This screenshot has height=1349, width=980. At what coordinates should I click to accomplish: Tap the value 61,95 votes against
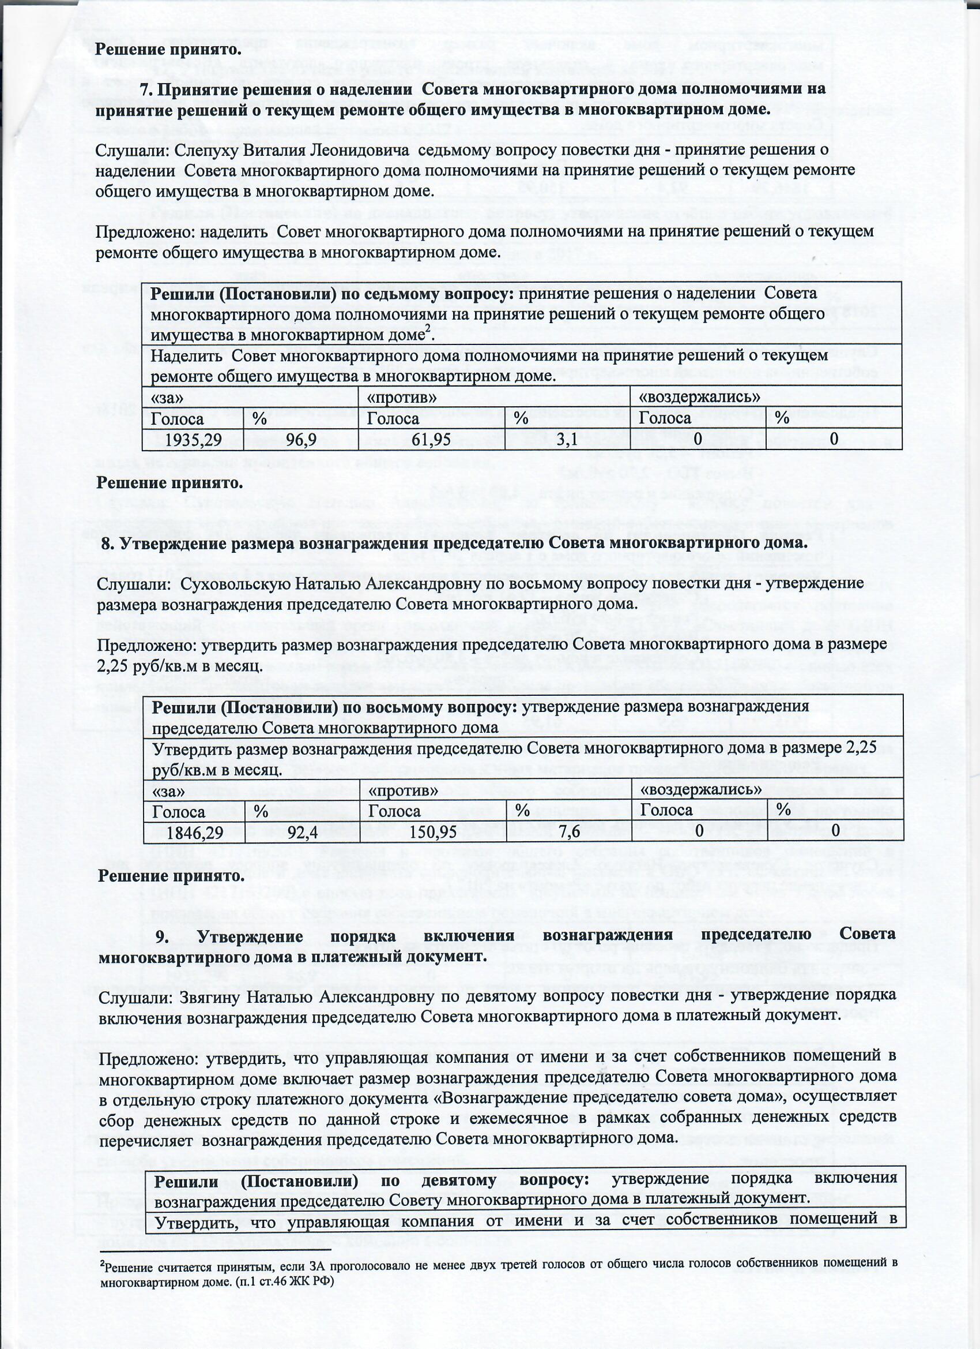click(431, 440)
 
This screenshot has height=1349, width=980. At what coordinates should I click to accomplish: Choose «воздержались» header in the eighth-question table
click(701, 789)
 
